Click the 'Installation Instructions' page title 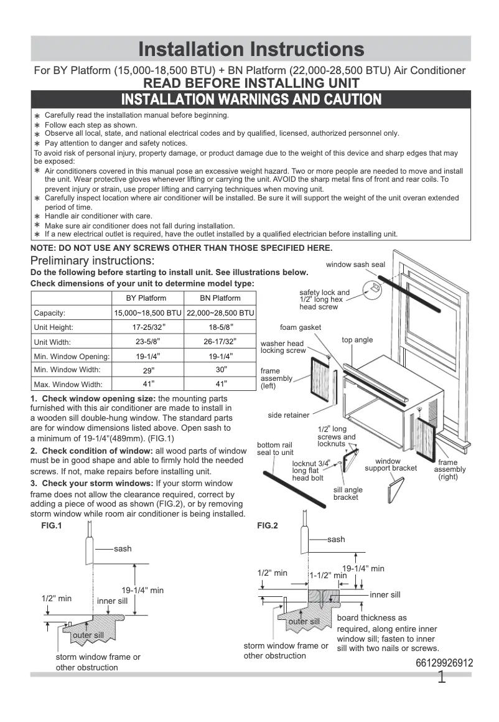pos(251,49)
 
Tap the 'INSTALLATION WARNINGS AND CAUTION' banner pos(251,99)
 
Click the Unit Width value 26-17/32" pos(220,342)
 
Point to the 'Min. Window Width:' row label pos(68,370)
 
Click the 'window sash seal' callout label pos(355,265)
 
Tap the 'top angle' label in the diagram pos(357,340)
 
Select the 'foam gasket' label pos(301,327)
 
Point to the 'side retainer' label pos(289,415)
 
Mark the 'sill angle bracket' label pos(348,494)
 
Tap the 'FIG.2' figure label pos(268,525)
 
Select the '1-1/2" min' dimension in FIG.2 pos(328,576)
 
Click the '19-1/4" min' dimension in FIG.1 pos(142,590)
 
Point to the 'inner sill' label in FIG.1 pos(112,601)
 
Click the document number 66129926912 pos(444,663)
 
